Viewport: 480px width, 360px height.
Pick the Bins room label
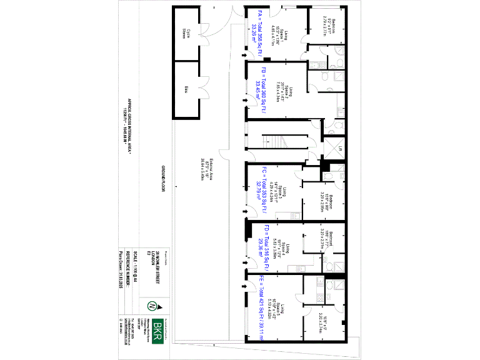[x=186, y=89]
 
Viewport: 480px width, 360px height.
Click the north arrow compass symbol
[x=152, y=306]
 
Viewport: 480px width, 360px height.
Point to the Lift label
[x=340, y=149]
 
